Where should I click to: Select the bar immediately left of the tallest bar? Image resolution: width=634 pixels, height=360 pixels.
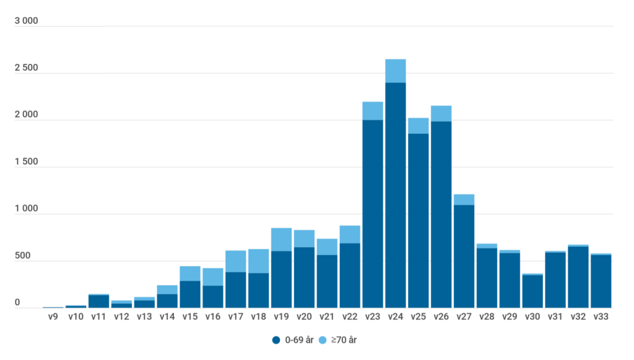373,214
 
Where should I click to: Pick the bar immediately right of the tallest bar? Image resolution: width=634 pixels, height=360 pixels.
418,220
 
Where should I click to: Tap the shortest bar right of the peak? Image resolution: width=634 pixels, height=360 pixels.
532,291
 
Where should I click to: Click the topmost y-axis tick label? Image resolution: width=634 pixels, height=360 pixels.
19,68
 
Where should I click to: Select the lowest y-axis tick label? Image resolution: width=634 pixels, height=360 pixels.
10,302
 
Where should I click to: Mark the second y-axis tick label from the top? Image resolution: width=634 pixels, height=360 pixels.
19,114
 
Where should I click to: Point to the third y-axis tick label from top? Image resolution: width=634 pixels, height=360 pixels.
19,161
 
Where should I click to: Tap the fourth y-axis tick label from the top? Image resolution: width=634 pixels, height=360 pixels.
19,208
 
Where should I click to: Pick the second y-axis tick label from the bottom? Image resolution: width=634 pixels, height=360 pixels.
15,255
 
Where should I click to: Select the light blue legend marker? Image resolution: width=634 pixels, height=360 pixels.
322,340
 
